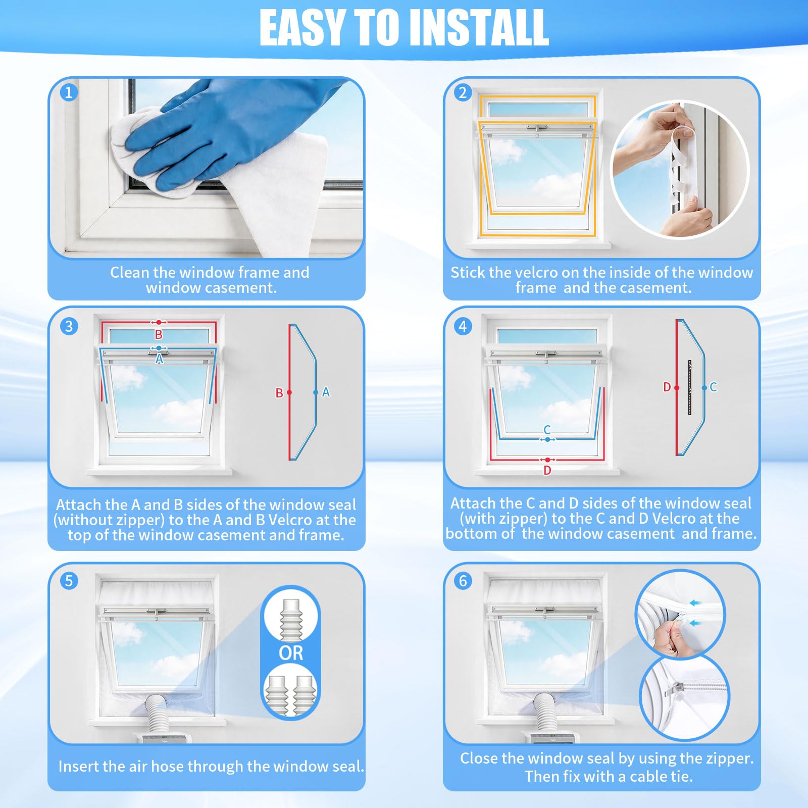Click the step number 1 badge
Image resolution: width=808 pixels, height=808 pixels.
[x=69, y=92]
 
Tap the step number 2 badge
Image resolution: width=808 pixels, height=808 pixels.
[x=463, y=92]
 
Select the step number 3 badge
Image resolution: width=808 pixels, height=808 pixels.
[x=69, y=326]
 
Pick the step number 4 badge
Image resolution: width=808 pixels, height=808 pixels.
[x=463, y=326]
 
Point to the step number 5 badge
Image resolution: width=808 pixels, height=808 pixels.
[x=69, y=581]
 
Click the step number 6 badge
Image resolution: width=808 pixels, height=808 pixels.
[x=463, y=581]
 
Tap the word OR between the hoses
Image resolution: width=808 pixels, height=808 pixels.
[x=291, y=653]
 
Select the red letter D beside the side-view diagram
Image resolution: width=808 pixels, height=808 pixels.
[x=667, y=387]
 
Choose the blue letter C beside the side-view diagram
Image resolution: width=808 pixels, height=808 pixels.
[x=713, y=387]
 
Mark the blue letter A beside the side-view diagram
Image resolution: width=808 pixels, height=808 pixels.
[x=326, y=392]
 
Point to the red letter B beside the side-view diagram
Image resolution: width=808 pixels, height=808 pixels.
[x=279, y=393]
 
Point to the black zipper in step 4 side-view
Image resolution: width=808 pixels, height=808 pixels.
[x=690, y=387]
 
